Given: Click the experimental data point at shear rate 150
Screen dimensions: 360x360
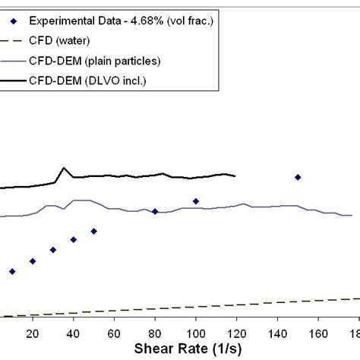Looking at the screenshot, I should [x=298, y=177].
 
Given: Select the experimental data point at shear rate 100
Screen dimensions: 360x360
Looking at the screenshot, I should [x=196, y=201].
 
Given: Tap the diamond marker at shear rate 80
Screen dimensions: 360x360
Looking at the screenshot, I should [x=155, y=212].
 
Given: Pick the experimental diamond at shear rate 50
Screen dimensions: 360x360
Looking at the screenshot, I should [x=94, y=231].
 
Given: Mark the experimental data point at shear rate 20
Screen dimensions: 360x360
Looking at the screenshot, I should [x=33, y=261].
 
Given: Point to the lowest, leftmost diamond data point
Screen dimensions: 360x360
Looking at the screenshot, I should [x=12, y=271].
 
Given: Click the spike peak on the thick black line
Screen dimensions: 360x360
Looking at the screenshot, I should [x=64, y=169].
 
